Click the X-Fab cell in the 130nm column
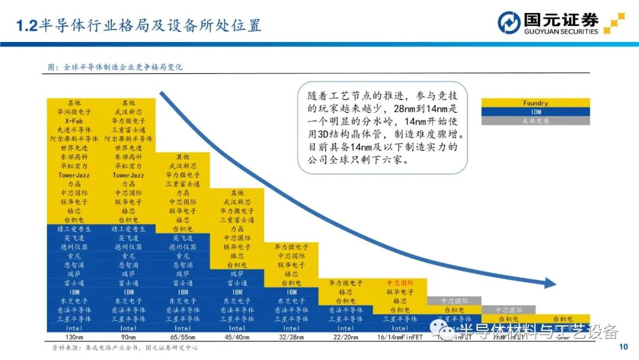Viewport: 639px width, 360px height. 74,120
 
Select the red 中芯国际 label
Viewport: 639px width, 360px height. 400,284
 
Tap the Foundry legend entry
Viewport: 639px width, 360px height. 535,103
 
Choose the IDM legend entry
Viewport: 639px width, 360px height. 535,112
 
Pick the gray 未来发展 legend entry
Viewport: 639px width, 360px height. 535,121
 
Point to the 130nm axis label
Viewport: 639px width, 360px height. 74,337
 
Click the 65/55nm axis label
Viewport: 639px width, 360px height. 183,337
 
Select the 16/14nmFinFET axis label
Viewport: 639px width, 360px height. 400,337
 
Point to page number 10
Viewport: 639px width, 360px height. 622,347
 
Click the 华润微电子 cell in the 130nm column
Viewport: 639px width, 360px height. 74,111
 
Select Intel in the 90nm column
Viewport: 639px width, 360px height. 128,328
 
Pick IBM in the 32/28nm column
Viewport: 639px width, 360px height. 292,292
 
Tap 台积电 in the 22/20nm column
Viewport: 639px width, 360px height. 346,301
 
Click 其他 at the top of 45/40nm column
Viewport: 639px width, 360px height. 237,193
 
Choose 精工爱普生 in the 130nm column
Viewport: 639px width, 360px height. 74,229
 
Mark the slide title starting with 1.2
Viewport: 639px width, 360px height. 138,25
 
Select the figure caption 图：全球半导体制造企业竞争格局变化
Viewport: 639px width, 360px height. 115,67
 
